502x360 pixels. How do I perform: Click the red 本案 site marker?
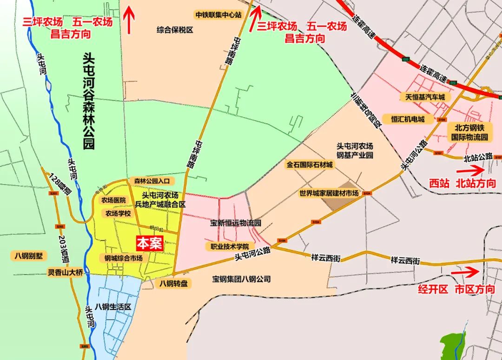[x=149, y=244]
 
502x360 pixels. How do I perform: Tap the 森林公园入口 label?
[x=152, y=180]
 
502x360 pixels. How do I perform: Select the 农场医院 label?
[x=113, y=200]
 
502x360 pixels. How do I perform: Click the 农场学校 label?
[x=118, y=214]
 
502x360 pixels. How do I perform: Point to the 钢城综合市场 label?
[x=123, y=258]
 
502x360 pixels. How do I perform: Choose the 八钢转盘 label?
[x=173, y=283]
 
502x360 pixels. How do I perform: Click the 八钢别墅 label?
[x=29, y=256]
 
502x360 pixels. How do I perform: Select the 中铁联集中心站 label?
[x=218, y=14]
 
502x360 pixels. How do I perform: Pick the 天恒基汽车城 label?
[x=422, y=97]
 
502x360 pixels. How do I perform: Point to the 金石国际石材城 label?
[x=310, y=165]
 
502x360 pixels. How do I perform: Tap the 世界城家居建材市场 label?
[x=329, y=193]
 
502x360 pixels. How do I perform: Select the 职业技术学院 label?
[x=230, y=247]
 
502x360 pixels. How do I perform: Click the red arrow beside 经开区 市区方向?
[x=471, y=272]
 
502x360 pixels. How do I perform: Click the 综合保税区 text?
[x=175, y=30]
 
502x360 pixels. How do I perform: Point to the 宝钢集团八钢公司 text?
[x=241, y=280]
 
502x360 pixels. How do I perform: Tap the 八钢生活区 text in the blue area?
[x=113, y=307]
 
